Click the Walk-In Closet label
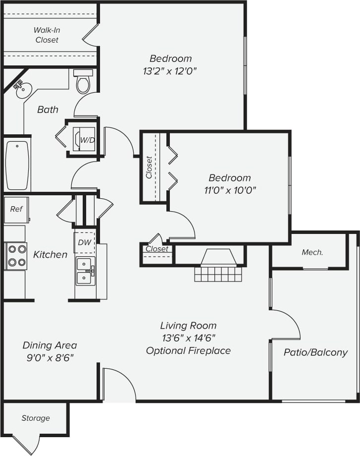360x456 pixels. tap(47, 35)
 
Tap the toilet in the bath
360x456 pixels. tap(83, 82)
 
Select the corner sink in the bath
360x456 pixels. tap(22, 90)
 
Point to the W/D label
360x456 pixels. tap(87, 140)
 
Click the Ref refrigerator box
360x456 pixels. tap(16, 209)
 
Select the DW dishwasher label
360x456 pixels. tap(85, 242)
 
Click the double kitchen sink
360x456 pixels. tap(85, 271)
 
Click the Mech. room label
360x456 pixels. tap(312, 252)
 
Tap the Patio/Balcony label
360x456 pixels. tap(315, 353)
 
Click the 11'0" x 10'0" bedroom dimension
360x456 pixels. tap(229, 190)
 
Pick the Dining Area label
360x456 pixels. tap(50, 345)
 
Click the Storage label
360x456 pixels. tap(36, 418)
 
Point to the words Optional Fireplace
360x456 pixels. tap(188, 351)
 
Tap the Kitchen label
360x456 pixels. tap(50, 255)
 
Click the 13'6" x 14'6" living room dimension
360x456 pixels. tap(188, 339)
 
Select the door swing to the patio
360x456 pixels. tap(286, 325)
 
